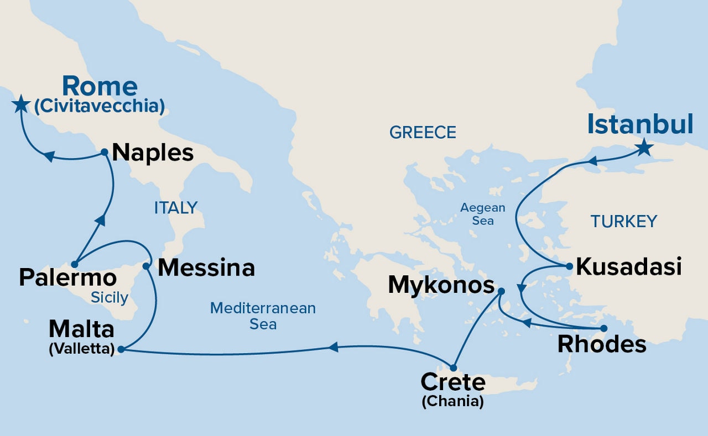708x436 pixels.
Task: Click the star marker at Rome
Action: [20, 104]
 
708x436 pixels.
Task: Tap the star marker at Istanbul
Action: [643, 148]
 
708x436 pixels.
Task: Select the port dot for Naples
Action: [105, 151]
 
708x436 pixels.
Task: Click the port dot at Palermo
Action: [75, 264]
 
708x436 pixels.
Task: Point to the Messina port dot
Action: [146, 266]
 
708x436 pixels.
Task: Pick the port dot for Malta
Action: [121, 349]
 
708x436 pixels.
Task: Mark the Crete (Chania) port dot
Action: [454, 367]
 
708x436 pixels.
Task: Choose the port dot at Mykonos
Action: [501, 291]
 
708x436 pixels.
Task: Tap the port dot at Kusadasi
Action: [569, 266]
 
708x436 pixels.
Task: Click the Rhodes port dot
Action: [603, 328]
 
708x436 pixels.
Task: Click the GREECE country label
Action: [423, 133]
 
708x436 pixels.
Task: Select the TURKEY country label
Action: [623, 222]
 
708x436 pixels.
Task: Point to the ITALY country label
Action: [175, 208]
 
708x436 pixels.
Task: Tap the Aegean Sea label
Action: [483, 214]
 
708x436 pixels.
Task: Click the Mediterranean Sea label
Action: [263, 316]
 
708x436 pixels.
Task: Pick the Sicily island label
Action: [110, 298]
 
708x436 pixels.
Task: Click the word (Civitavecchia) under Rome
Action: [100, 106]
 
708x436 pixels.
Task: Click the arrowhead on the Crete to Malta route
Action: [333, 347]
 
